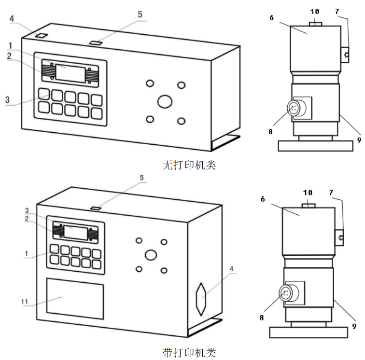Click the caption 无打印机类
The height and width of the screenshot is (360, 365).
click(x=189, y=165)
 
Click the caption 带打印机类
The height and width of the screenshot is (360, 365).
click(x=189, y=352)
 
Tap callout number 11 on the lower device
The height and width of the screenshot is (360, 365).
click(x=24, y=302)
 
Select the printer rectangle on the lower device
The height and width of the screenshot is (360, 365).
click(x=75, y=298)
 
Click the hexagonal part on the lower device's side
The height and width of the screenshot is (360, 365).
click(x=201, y=297)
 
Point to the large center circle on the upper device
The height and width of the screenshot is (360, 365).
click(x=165, y=101)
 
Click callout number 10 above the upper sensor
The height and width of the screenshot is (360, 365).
click(x=315, y=11)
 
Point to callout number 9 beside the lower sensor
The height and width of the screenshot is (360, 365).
click(x=354, y=326)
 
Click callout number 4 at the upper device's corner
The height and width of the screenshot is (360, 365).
click(x=12, y=19)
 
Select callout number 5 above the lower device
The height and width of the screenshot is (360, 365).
click(x=141, y=178)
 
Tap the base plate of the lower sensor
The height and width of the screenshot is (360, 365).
click(x=309, y=332)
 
